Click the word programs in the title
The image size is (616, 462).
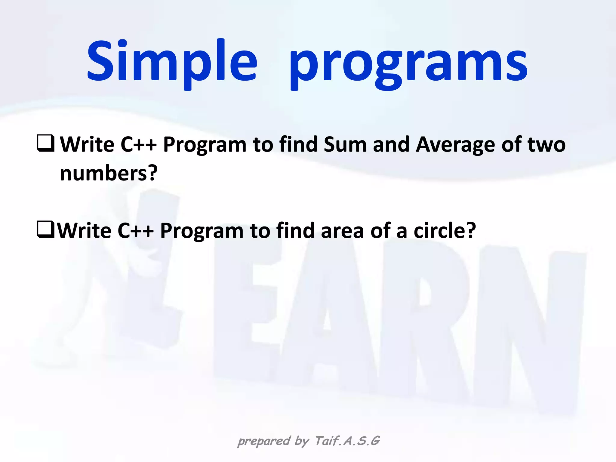[408, 65]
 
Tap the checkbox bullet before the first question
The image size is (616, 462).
[46, 143]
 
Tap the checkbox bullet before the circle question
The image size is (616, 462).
[46, 229]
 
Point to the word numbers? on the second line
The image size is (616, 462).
[109, 174]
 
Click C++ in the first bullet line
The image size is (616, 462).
[138, 145]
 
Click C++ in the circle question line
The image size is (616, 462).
[135, 231]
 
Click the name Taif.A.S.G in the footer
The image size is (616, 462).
[347, 441]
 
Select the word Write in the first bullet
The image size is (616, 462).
[87, 145]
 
